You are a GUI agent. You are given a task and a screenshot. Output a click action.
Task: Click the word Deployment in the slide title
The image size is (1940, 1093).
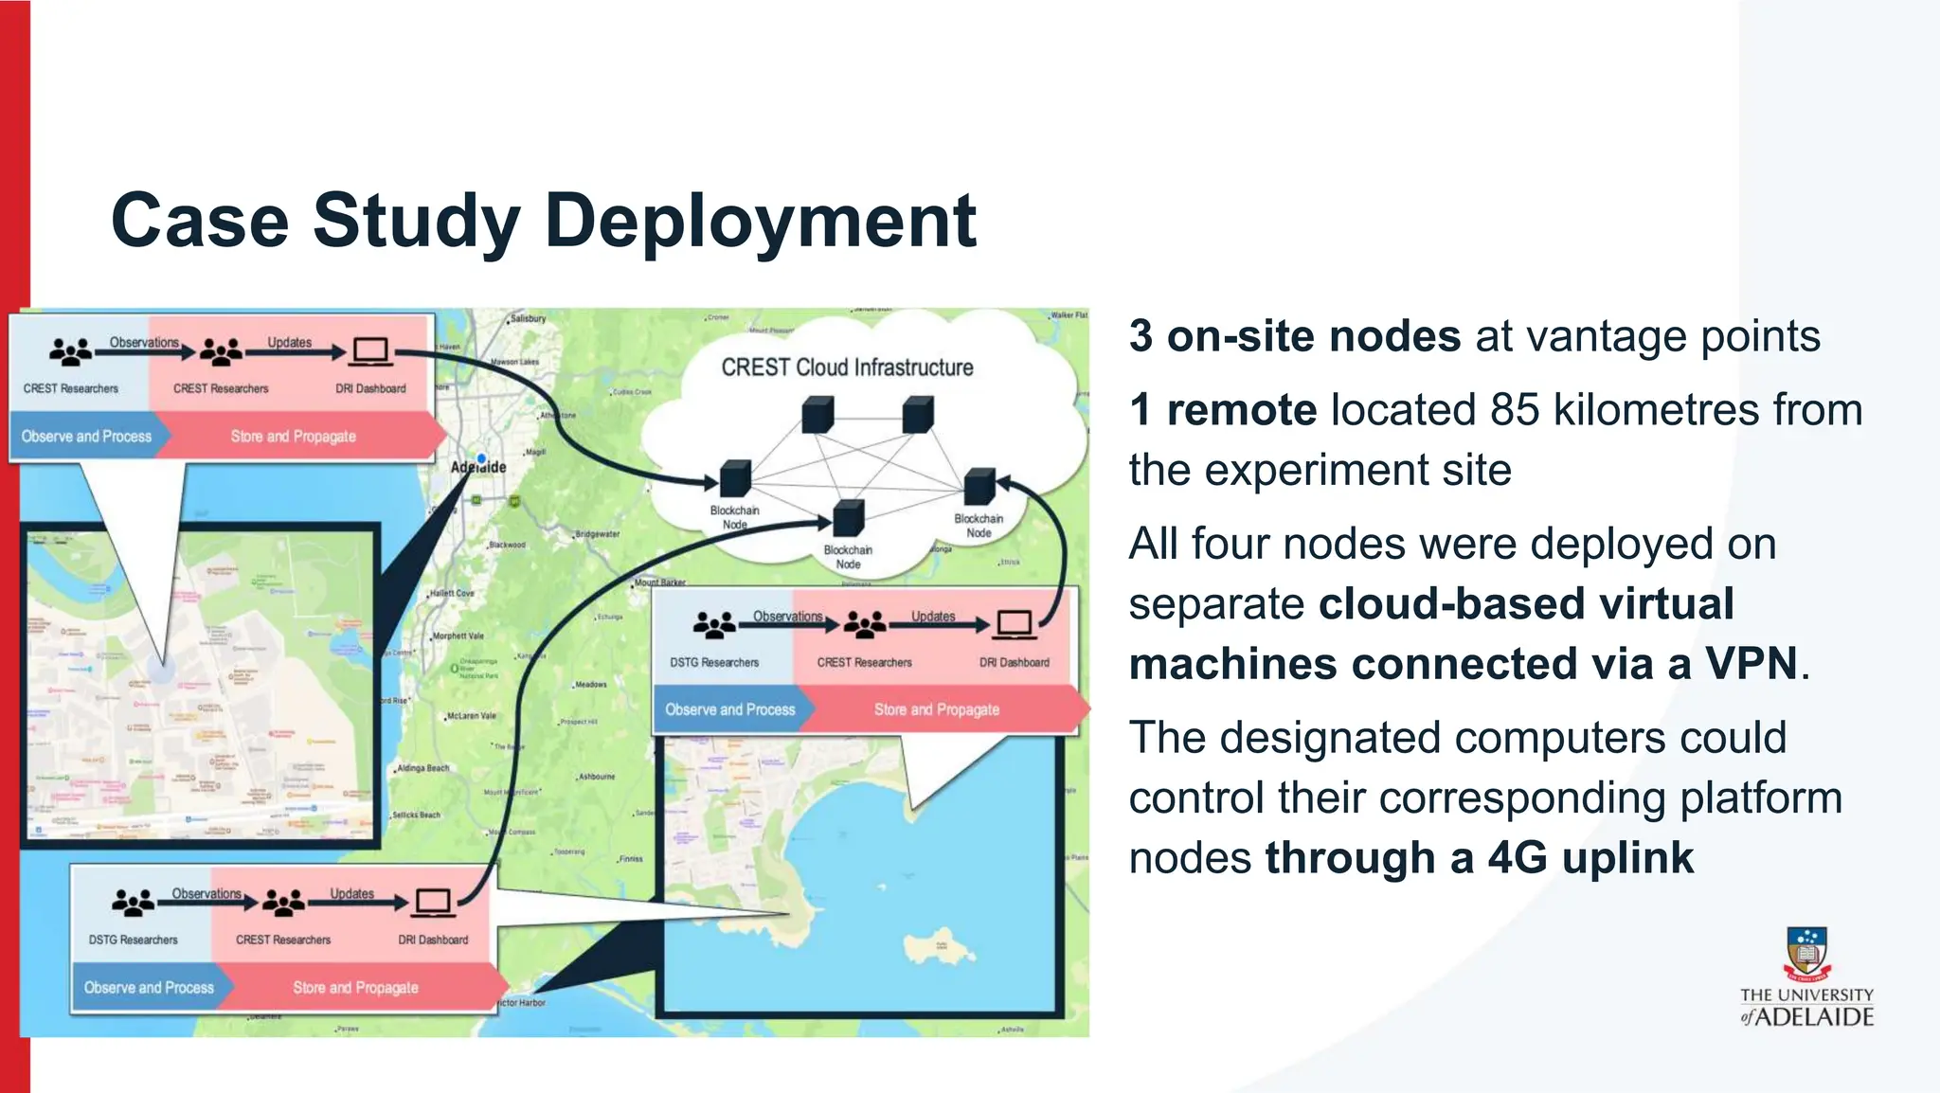[x=760, y=221]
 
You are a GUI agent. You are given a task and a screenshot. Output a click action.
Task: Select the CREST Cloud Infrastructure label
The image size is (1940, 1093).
[x=847, y=367]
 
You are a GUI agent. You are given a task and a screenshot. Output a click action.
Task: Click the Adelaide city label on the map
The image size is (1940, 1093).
[x=478, y=467]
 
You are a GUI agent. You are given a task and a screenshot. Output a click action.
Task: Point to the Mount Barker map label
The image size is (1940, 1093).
[x=659, y=582]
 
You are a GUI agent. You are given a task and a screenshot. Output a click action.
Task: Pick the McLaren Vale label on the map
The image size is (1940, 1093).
[x=471, y=716]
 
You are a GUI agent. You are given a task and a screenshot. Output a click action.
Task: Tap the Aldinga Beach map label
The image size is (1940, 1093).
[x=422, y=768]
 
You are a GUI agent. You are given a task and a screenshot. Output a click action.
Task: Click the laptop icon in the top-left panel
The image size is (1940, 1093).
[x=370, y=351]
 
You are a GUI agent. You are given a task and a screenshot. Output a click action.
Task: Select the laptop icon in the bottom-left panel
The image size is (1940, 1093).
[x=433, y=903]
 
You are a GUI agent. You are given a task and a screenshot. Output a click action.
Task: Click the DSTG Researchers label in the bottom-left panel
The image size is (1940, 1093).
[x=134, y=940]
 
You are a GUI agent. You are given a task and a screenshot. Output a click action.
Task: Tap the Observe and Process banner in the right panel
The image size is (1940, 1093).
[x=729, y=709]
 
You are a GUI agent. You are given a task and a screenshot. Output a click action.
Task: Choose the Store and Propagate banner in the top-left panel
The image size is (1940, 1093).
[x=294, y=437]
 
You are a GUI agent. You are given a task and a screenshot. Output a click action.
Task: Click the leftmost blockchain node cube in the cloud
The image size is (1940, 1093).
[x=735, y=478]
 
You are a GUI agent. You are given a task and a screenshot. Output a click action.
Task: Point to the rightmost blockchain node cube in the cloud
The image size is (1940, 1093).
[x=979, y=486]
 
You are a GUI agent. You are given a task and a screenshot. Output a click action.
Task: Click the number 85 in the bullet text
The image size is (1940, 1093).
[x=1515, y=410]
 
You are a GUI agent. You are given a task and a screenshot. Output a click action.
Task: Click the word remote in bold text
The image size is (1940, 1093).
[x=1241, y=410]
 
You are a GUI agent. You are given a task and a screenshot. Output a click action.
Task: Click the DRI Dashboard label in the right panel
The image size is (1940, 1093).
[x=1014, y=662]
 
